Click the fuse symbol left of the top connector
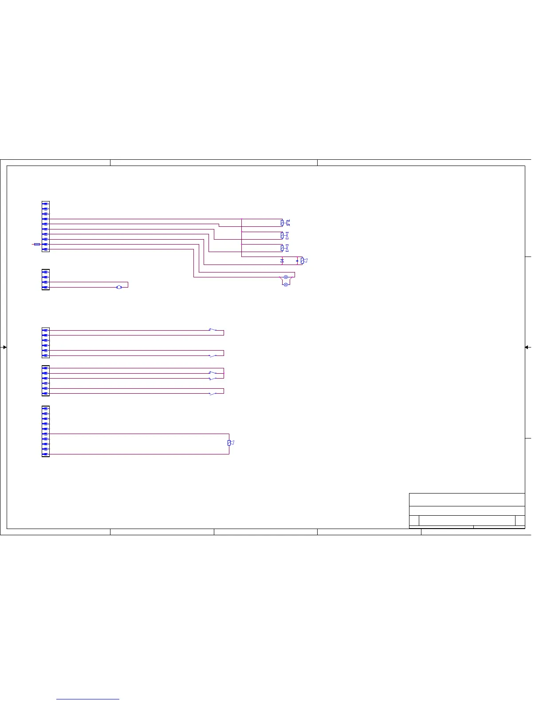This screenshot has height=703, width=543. [x=37, y=244]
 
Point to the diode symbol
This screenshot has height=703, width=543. [x=282, y=261]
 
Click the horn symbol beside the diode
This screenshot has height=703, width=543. [x=304, y=261]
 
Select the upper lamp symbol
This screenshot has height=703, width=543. [x=286, y=277]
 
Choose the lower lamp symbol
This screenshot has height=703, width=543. [x=286, y=284]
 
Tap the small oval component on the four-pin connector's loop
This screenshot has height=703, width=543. [x=119, y=287]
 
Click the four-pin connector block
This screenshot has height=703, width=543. [x=45, y=280]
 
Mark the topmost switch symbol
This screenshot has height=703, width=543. [x=213, y=330]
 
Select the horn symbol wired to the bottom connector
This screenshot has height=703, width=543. [x=231, y=443]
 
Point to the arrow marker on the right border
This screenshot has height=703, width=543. [x=527, y=347]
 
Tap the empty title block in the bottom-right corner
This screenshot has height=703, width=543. [x=467, y=510]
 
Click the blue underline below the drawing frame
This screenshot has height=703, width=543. [x=88, y=699]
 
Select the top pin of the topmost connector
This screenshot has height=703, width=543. [x=45, y=204]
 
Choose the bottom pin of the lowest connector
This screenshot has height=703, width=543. [x=45, y=454]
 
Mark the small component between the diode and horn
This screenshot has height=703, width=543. [x=297, y=261]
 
